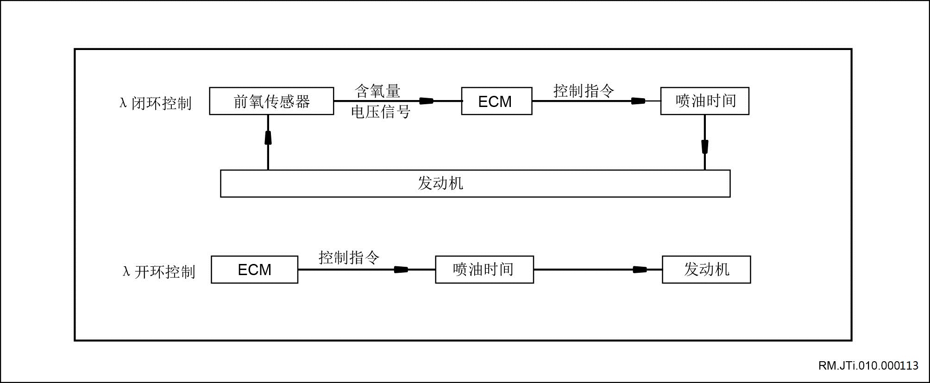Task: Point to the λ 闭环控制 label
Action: [x=155, y=103]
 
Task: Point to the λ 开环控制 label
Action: [x=158, y=271]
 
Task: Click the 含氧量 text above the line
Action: [x=377, y=91]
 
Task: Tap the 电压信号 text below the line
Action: [x=381, y=112]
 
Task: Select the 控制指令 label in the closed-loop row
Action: [x=584, y=90]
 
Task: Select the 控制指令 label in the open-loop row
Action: [x=349, y=257]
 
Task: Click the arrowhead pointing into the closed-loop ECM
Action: [x=426, y=101]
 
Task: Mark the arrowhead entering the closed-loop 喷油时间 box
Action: [x=639, y=101]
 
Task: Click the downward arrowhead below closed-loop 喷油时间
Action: [x=705, y=147]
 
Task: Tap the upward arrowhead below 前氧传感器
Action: [x=268, y=138]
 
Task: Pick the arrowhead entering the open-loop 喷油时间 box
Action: [x=401, y=270]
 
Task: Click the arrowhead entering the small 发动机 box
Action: [x=640, y=270]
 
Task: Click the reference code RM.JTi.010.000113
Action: [x=868, y=365]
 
